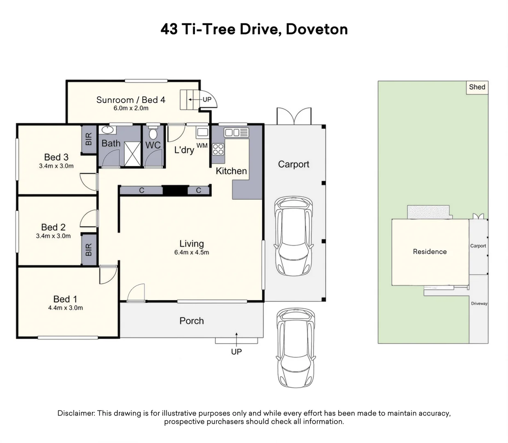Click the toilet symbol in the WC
(153, 134)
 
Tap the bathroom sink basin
(108, 130)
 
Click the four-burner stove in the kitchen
(218, 149)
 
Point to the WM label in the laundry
(202, 145)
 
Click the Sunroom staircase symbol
(186, 100)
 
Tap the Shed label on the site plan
(477, 87)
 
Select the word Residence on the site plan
(430, 252)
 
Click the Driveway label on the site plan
(479, 304)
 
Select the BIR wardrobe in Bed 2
(89, 249)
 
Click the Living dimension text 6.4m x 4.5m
(191, 253)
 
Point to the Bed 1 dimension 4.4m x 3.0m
(65, 308)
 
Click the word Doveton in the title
(316, 29)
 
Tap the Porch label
(191, 321)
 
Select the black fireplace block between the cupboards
(175, 190)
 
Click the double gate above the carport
(294, 116)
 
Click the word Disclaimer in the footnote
(76, 413)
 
